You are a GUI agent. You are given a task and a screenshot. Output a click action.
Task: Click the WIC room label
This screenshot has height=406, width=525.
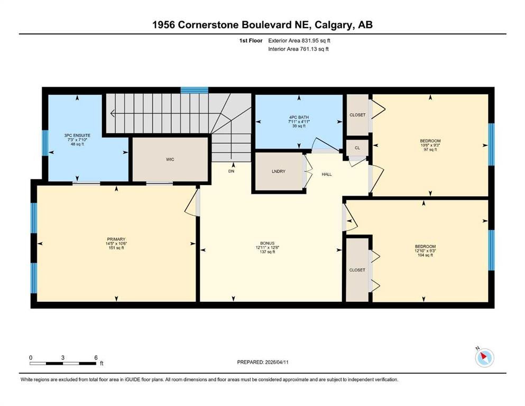click(x=170, y=159)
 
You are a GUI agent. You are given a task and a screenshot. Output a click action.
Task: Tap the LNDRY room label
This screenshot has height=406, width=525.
click(x=279, y=171)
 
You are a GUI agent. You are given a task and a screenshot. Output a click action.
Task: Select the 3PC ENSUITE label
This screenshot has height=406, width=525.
click(x=77, y=135)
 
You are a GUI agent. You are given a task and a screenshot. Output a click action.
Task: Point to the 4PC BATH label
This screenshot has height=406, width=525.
click(x=299, y=117)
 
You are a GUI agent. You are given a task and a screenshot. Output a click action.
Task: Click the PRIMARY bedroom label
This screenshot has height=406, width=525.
click(x=116, y=239)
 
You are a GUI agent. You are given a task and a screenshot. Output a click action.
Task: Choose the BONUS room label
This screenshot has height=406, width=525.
click(x=267, y=243)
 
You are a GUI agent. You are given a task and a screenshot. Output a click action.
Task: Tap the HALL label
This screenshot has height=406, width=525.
click(x=327, y=174)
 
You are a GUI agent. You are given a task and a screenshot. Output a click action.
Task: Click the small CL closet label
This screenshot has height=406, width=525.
click(x=357, y=148)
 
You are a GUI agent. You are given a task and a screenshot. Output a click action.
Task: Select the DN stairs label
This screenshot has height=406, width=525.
click(x=232, y=171)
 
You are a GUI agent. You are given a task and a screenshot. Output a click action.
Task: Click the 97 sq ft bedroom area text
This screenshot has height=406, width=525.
click(x=430, y=150)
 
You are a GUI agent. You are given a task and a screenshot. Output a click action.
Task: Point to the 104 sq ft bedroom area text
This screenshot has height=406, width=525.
click(x=425, y=255)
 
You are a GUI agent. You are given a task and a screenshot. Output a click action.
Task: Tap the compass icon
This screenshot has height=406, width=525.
click(x=484, y=357)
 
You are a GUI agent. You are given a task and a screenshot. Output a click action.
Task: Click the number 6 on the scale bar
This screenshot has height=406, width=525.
click(x=96, y=357)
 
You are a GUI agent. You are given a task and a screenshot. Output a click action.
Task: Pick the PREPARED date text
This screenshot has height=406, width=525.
click(x=263, y=362)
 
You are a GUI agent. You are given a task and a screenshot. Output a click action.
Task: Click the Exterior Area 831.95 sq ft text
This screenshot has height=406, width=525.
click(x=299, y=41)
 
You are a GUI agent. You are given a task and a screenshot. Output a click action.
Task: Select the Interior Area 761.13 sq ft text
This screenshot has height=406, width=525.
click(x=298, y=49)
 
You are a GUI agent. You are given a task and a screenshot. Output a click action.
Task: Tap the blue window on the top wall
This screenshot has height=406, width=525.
click(x=194, y=90)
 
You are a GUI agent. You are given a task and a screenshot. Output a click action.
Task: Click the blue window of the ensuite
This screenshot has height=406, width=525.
click(x=45, y=143)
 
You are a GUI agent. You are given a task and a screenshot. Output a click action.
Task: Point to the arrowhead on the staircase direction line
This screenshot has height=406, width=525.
click(x=112, y=114)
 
